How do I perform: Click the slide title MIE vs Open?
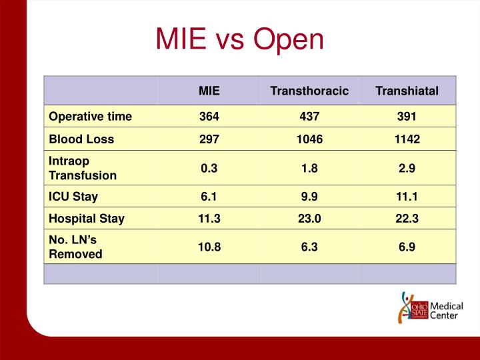(x=239, y=39)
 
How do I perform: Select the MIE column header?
(x=209, y=91)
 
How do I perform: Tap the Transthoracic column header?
(x=309, y=91)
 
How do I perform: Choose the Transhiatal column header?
(x=407, y=91)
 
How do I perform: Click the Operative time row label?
(x=90, y=117)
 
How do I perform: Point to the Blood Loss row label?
(x=81, y=139)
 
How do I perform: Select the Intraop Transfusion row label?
(x=83, y=169)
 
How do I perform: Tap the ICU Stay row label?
(x=73, y=197)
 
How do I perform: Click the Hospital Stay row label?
(x=87, y=218)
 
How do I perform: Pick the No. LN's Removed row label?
(x=76, y=247)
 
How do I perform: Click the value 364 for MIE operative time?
(x=209, y=117)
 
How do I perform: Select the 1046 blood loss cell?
(x=309, y=139)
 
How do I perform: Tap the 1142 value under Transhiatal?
(x=407, y=139)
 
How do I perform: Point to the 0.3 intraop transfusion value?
(x=209, y=169)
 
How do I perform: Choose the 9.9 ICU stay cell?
(x=309, y=197)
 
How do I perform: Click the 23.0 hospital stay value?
(x=309, y=218)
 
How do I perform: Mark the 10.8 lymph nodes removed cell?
(x=209, y=247)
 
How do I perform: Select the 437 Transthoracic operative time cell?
(x=309, y=117)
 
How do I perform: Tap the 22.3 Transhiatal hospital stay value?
(x=407, y=218)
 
